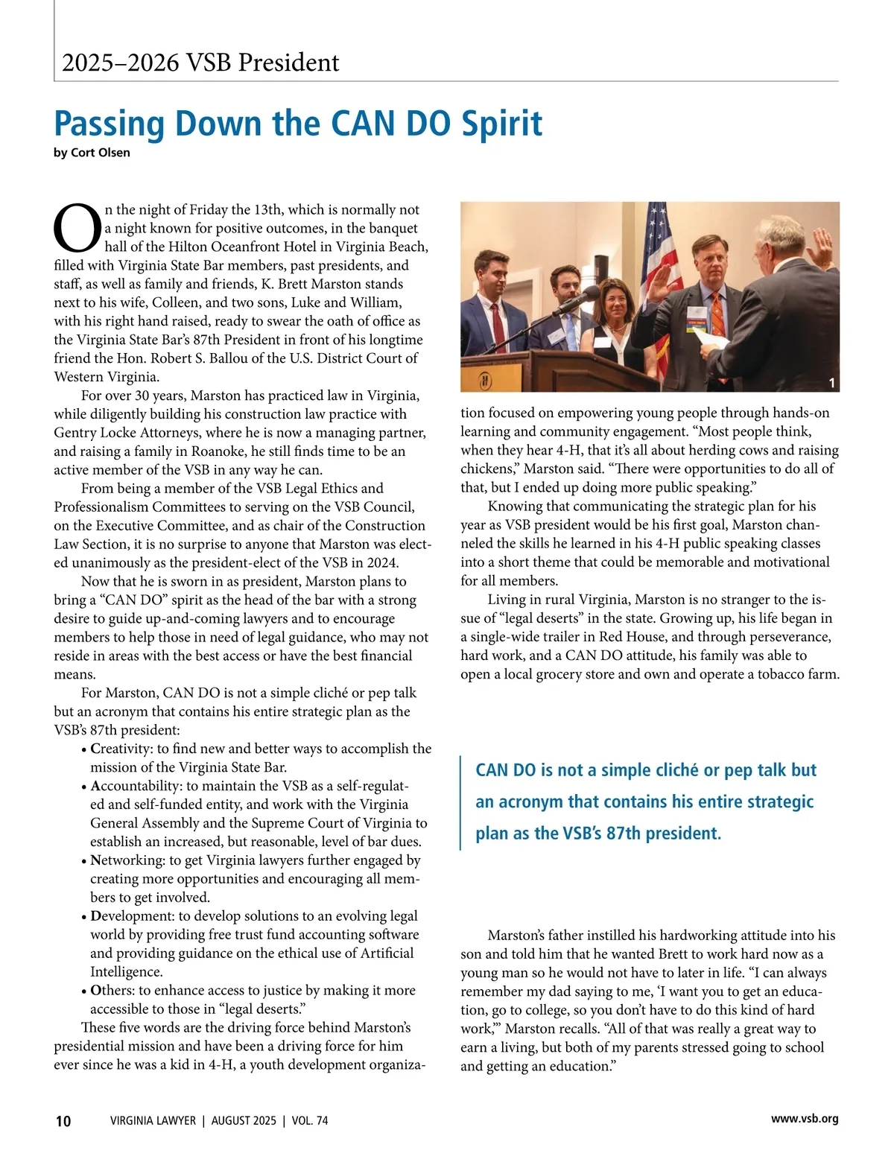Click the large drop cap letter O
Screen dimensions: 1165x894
pyautogui.click(x=77, y=228)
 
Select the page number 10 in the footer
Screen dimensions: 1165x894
pyautogui.click(x=63, y=1121)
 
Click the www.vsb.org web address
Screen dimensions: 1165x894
pyautogui.click(x=805, y=1119)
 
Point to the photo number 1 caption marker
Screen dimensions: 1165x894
pyautogui.click(x=832, y=384)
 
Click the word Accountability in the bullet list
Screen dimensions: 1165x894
pyautogui.click(x=136, y=786)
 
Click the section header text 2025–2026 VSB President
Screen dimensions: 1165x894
pyautogui.click(x=200, y=63)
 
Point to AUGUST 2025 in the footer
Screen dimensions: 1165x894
pyautogui.click(x=244, y=1121)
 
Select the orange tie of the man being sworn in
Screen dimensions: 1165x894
pyautogui.click(x=717, y=312)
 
